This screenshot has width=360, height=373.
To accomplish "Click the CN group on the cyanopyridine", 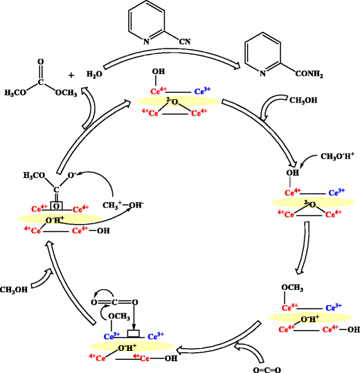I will [x=183, y=41].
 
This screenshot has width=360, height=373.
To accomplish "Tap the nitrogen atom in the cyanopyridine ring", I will [x=146, y=42].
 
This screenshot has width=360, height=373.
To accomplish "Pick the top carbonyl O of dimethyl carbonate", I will [x=41, y=62].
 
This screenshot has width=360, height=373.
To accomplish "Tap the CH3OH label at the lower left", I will [x=15, y=289].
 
